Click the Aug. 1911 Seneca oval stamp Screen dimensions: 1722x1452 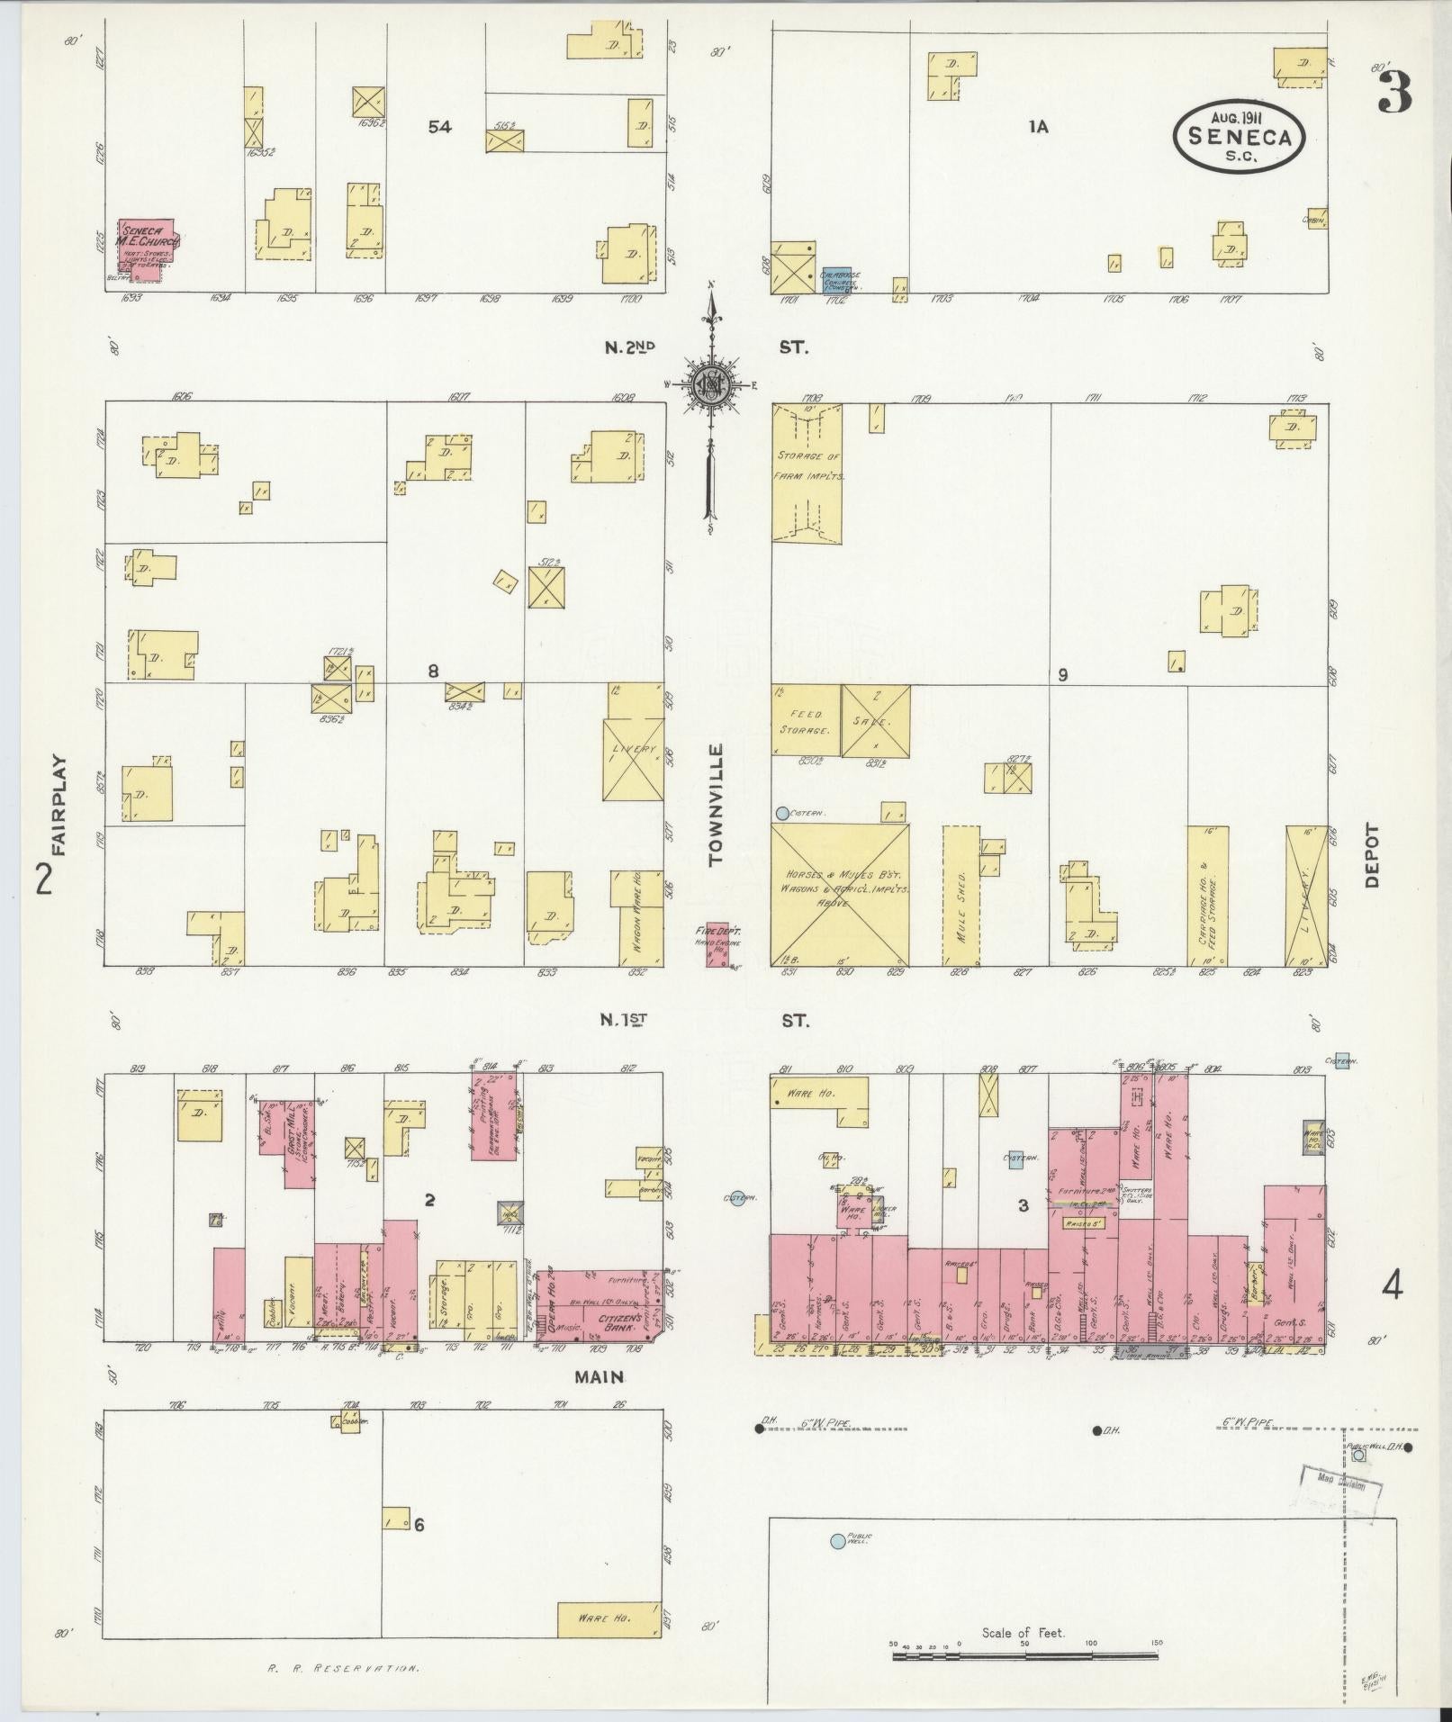[x=1239, y=135]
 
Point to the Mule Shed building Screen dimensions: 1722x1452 [x=960, y=895]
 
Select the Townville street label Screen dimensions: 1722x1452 [x=717, y=805]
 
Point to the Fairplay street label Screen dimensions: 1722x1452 [x=59, y=804]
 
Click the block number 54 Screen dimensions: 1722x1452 [x=439, y=128]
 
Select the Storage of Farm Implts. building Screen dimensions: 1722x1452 [x=807, y=473]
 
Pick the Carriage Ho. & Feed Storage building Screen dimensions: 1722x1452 [x=1208, y=895]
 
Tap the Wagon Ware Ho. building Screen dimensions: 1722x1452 [x=636, y=918]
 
